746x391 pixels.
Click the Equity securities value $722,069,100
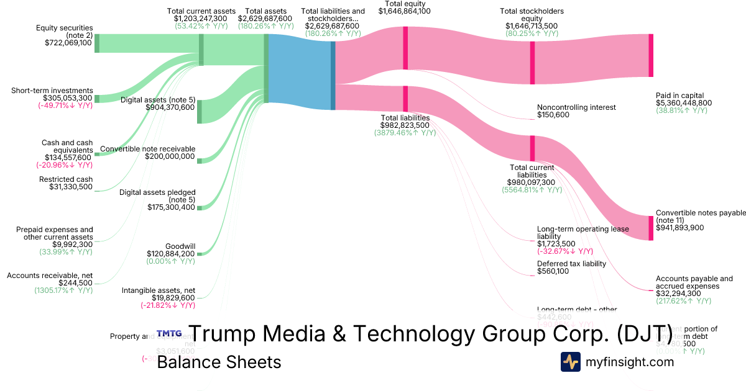68,43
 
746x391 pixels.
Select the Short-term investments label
52,91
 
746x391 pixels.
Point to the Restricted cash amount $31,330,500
70,187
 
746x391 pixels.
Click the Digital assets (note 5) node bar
200,112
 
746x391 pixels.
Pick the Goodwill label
180,246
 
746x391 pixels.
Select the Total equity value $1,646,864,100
405,11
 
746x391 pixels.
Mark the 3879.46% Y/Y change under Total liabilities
405,133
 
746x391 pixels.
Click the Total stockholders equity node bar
532,62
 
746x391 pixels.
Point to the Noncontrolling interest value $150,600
553,115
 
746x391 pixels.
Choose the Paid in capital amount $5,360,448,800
684,103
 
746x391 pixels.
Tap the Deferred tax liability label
571,263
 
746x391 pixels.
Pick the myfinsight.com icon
571,362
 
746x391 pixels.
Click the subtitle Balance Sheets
219,362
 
